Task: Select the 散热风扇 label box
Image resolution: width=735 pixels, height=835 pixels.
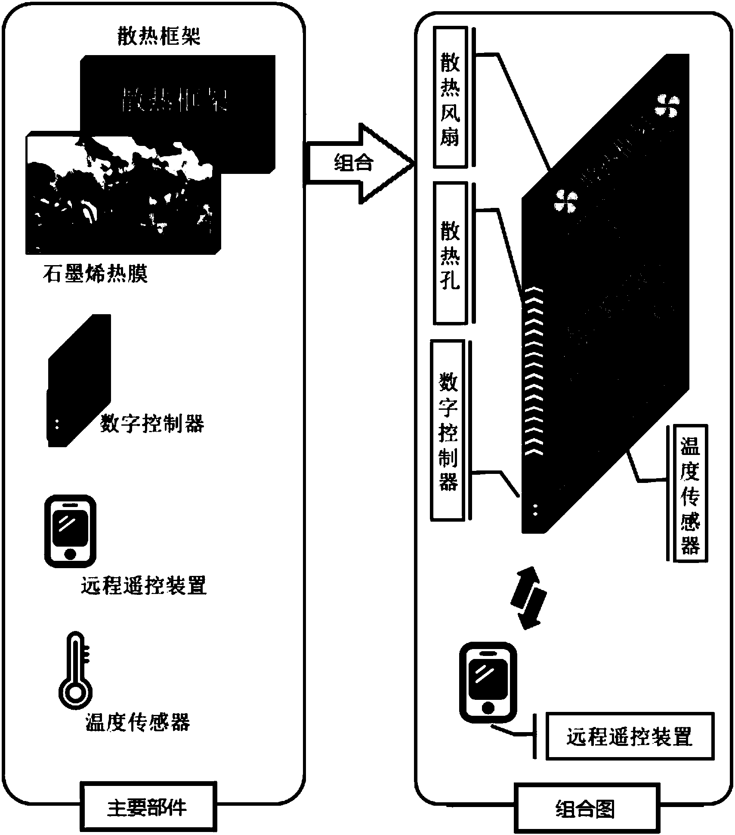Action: pyautogui.click(x=450, y=97)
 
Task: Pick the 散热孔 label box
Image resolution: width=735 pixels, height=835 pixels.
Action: pyautogui.click(x=450, y=253)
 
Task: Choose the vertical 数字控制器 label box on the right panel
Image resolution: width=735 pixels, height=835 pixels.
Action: pyautogui.click(x=448, y=430)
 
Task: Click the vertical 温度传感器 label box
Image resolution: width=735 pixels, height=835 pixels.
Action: pyautogui.click(x=690, y=493)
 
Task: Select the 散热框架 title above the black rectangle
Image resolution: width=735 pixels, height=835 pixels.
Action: pyautogui.click(x=159, y=37)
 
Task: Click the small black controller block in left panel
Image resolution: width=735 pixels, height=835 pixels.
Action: pyautogui.click(x=80, y=381)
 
